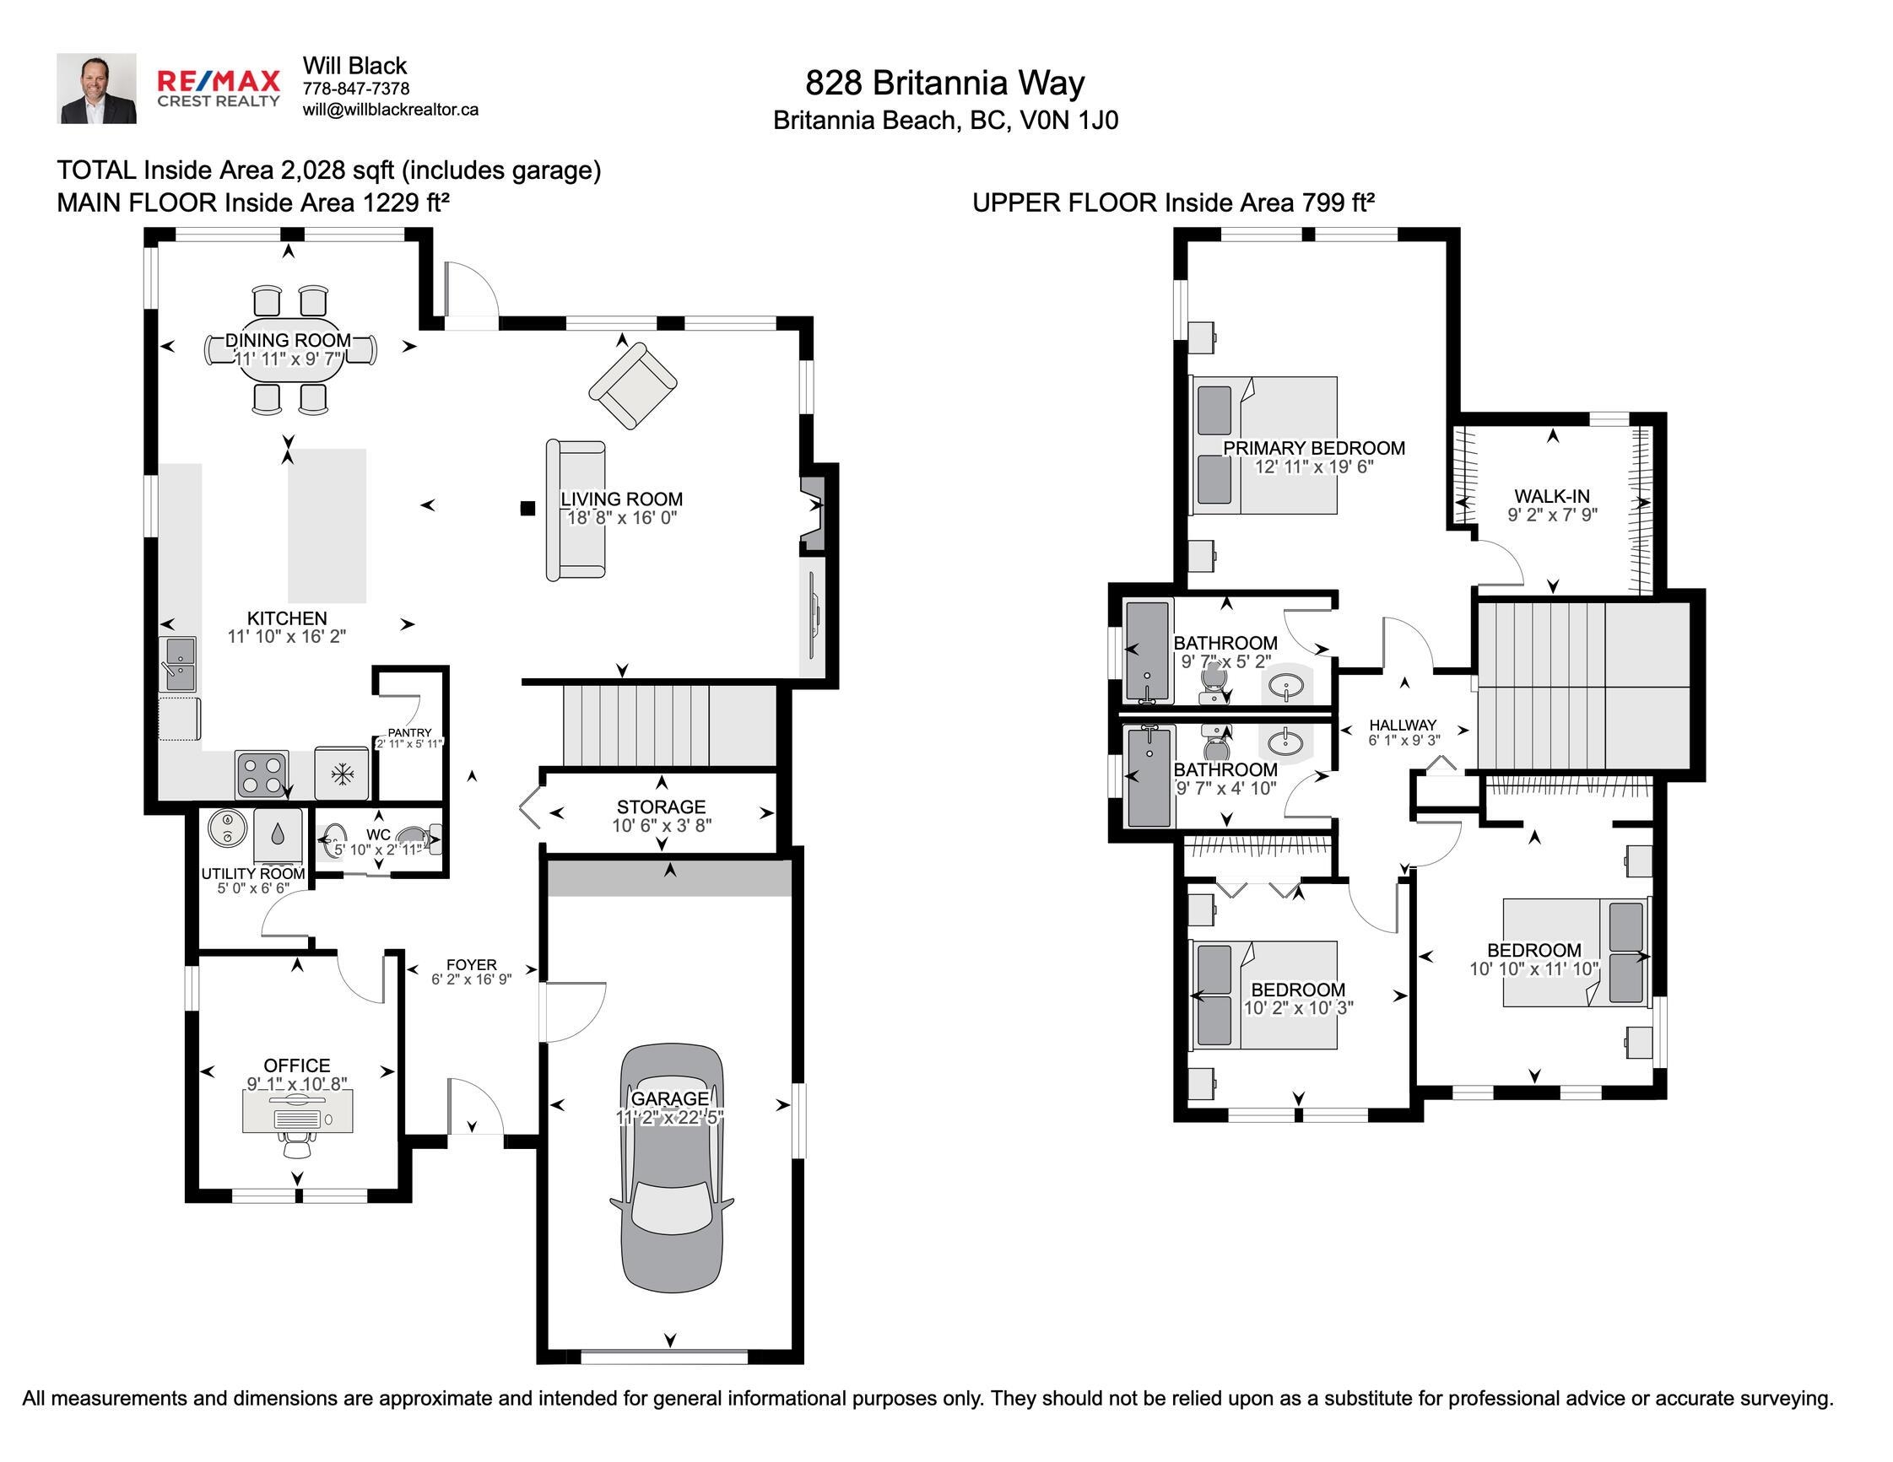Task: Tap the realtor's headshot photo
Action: [96, 89]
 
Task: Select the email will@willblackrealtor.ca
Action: [390, 110]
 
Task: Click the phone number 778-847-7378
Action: [356, 89]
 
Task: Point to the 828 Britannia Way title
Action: [944, 84]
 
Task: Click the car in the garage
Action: [672, 1168]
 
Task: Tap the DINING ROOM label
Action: [289, 341]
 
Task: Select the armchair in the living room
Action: [633, 385]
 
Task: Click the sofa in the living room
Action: [576, 510]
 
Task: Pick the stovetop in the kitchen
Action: [262, 774]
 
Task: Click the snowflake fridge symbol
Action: [344, 774]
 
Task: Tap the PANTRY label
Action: [409, 733]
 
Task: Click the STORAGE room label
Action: [662, 807]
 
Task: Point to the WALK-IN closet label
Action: [1551, 497]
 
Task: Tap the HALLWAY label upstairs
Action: [1403, 726]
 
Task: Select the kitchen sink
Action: [181, 665]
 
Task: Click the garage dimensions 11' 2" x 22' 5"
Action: [670, 1118]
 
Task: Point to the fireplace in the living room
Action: [813, 512]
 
